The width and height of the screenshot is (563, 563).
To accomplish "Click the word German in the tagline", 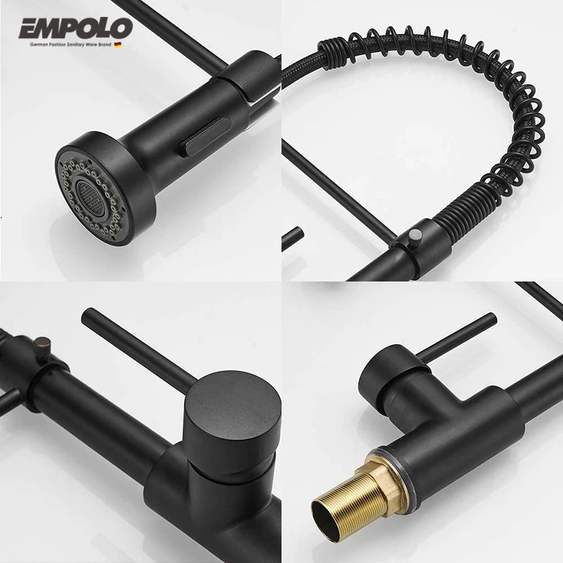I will pos(37,44).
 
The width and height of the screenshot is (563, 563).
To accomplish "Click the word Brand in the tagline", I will pos(117,44).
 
